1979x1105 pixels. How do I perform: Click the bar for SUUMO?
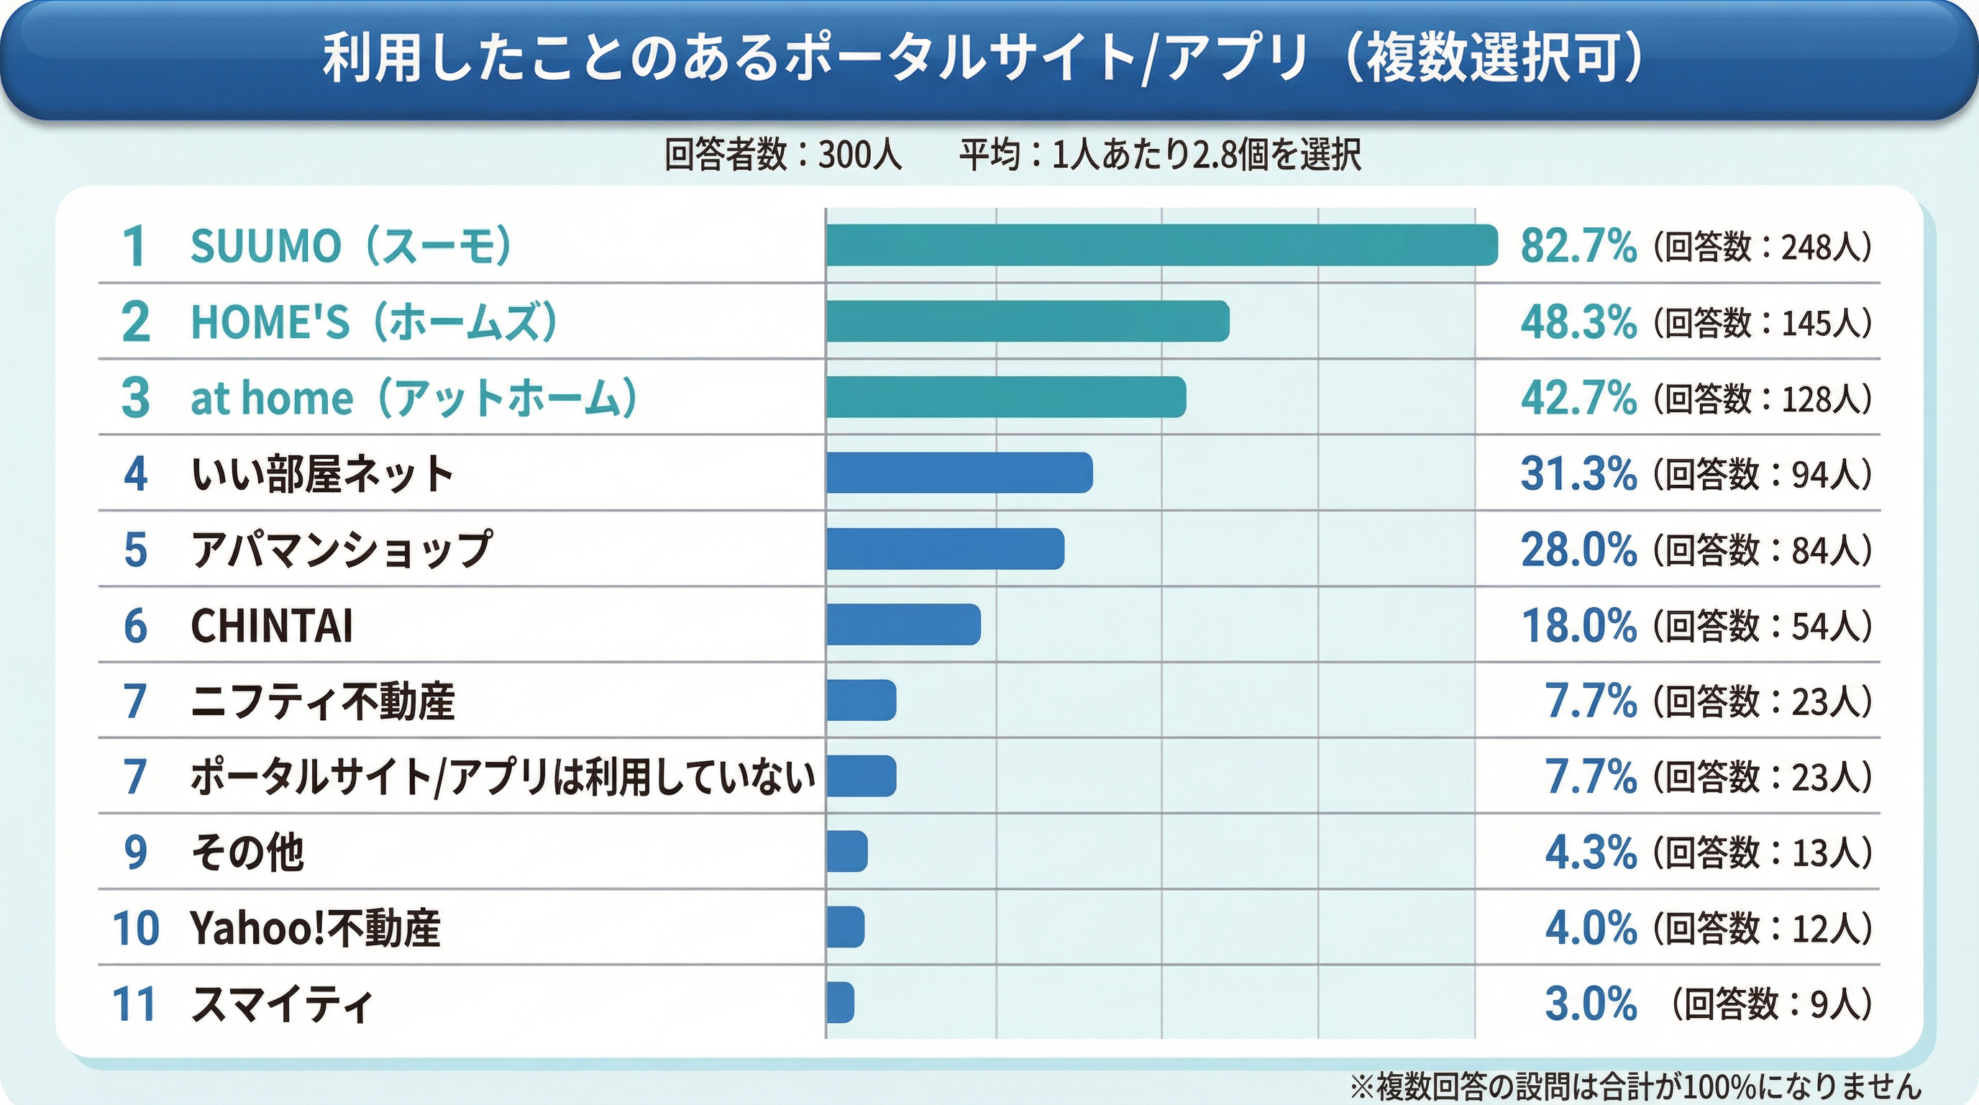(1161, 245)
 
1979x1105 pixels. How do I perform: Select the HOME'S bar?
(1028, 321)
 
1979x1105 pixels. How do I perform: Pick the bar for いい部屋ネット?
(959, 473)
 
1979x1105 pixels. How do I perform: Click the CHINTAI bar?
(903, 624)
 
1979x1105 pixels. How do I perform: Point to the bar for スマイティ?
(841, 1003)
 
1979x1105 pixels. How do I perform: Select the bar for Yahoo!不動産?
(846, 927)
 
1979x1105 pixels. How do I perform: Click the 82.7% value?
(1578, 247)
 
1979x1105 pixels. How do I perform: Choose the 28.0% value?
(1578, 550)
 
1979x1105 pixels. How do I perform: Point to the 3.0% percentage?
(1590, 1004)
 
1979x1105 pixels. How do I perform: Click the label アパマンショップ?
(341, 550)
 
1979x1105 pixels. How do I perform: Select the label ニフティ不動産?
(323, 701)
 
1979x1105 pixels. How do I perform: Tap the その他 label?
(247, 852)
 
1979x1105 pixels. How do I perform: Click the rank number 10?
(135, 928)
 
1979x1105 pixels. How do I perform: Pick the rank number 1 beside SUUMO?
(134, 247)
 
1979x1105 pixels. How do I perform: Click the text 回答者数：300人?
(782, 155)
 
